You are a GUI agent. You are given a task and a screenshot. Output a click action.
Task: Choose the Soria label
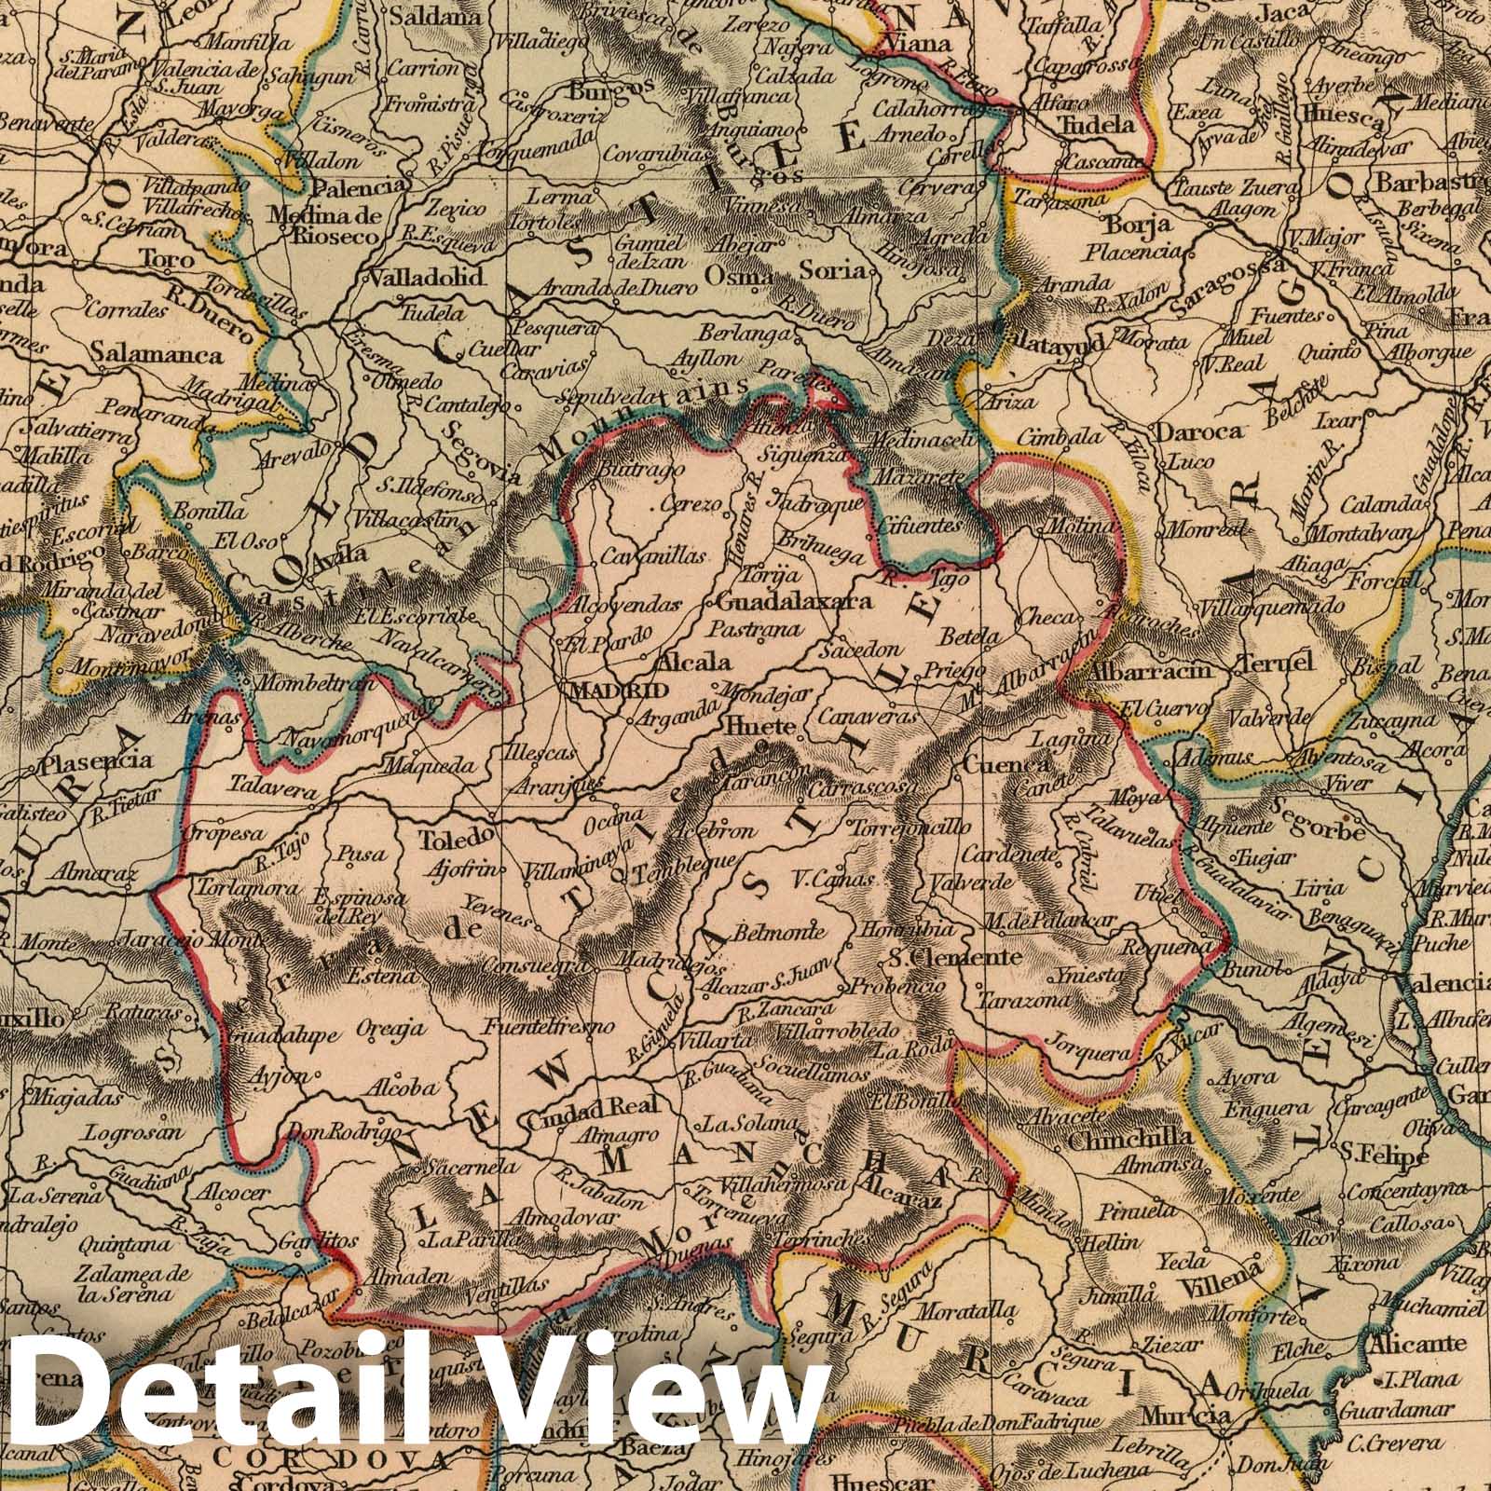(x=841, y=271)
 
